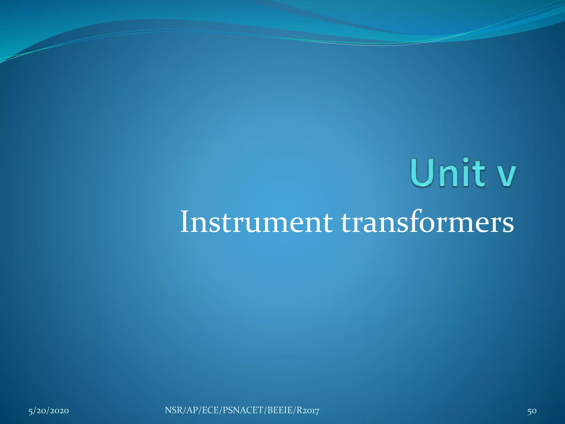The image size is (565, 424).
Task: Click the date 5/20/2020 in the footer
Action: click(x=49, y=411)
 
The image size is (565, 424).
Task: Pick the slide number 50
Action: click(x=532, y=411)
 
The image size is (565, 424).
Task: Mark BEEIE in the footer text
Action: click(x=280, y=410)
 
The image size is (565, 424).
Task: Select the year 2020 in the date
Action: click(x=58, y=411)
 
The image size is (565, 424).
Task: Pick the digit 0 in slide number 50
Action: click(x=534, y=411)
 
